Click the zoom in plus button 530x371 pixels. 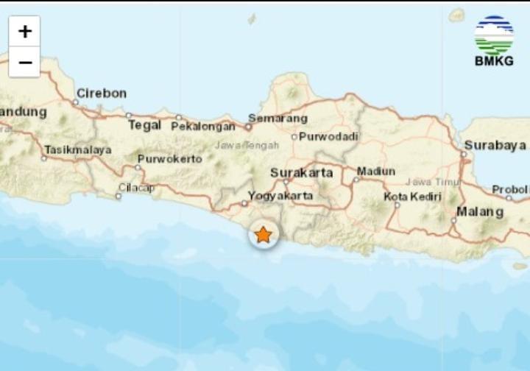25,31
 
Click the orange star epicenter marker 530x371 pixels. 263,235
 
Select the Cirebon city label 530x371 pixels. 102,93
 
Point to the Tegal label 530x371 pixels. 144,125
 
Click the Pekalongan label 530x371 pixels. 203,127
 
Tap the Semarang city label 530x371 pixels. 278,118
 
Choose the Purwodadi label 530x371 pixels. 328,136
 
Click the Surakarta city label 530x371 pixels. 302,173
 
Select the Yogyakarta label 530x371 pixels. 280,196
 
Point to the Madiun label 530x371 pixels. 375,172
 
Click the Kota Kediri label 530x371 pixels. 412,197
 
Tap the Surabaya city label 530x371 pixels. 495,145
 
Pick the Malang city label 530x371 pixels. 480,212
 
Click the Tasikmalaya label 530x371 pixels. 78,149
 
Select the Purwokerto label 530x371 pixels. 169,158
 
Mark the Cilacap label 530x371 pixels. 137,188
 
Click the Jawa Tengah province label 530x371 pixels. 247,145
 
